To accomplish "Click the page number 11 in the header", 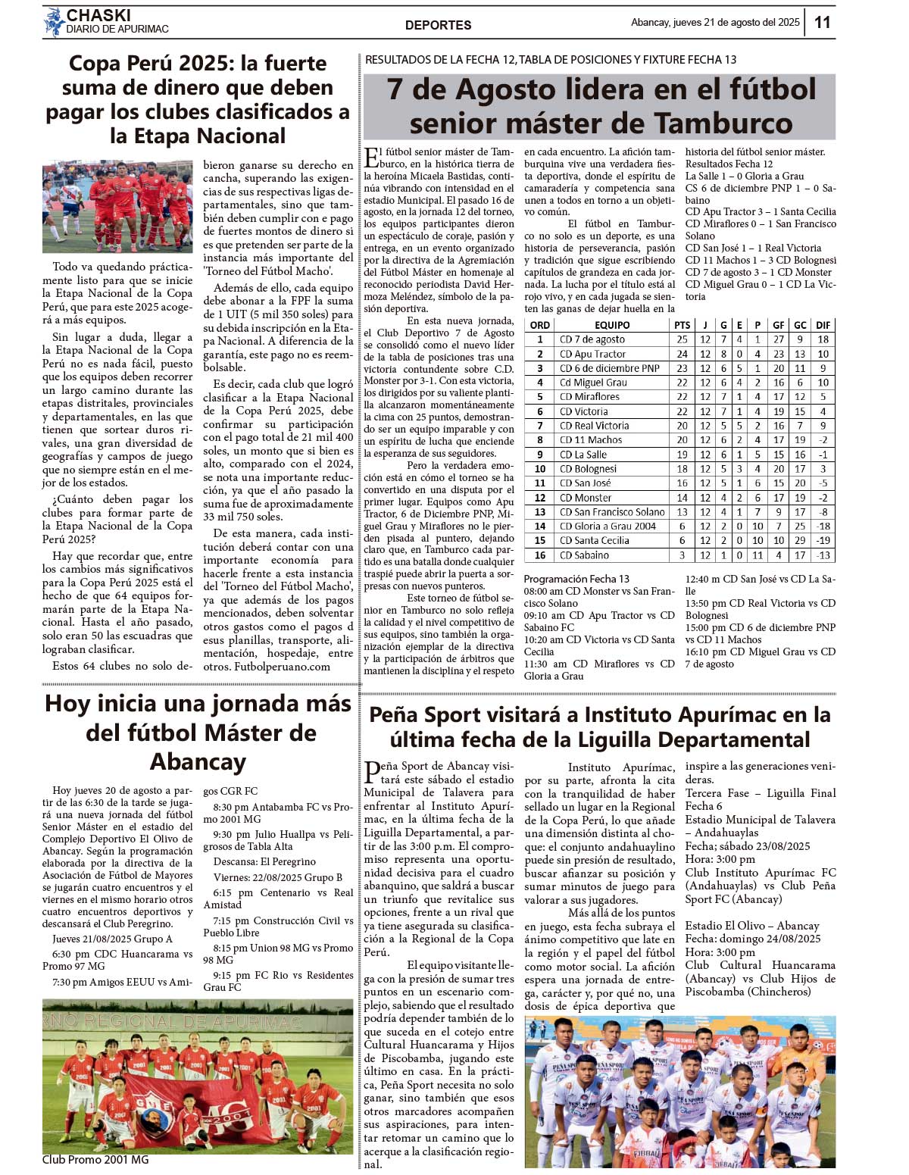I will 822,22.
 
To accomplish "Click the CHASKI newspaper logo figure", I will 54,22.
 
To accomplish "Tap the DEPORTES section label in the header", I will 438,25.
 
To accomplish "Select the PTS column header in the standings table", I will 682,325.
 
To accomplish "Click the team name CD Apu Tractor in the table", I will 592,354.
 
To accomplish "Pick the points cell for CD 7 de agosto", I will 682,339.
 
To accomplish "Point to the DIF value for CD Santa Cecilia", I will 823,540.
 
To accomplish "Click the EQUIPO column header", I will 612,325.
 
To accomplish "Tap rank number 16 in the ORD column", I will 540,555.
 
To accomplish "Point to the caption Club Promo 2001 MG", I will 95,1159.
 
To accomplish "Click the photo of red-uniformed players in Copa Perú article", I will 117,206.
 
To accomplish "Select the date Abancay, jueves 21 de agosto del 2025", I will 714,23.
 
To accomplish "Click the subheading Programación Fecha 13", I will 576,579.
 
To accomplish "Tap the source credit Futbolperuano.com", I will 282,667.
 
